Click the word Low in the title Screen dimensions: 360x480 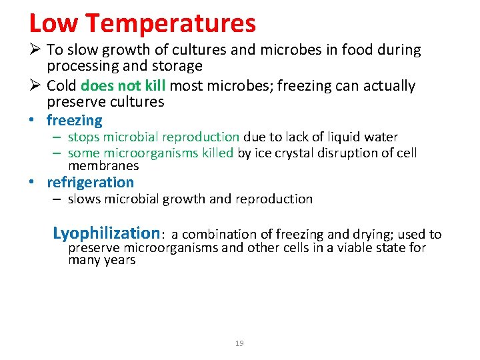coord(53,23)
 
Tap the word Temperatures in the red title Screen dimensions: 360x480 coord(171,23)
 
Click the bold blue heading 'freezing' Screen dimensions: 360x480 coord(74,121)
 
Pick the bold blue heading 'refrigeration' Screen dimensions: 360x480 coord(90,182)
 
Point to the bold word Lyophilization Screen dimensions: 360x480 coord(106,233)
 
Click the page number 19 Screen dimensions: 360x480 coord(239,343)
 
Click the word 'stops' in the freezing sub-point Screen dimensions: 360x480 coord(83,137)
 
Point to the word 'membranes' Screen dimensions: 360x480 coord(103,165)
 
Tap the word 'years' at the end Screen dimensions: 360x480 coord(120,260)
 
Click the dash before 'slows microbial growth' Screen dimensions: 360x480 coord(58,199)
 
